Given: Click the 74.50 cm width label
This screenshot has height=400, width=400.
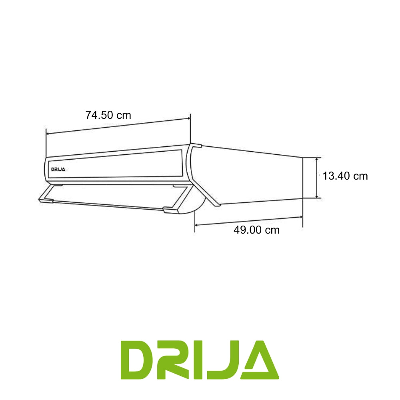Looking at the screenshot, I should coord(108,115).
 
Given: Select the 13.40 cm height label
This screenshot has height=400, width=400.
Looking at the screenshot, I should coord(345,176).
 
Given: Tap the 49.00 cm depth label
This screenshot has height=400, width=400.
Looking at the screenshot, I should coord(256,230).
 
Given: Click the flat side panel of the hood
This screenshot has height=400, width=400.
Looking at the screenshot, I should coord(256,176).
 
